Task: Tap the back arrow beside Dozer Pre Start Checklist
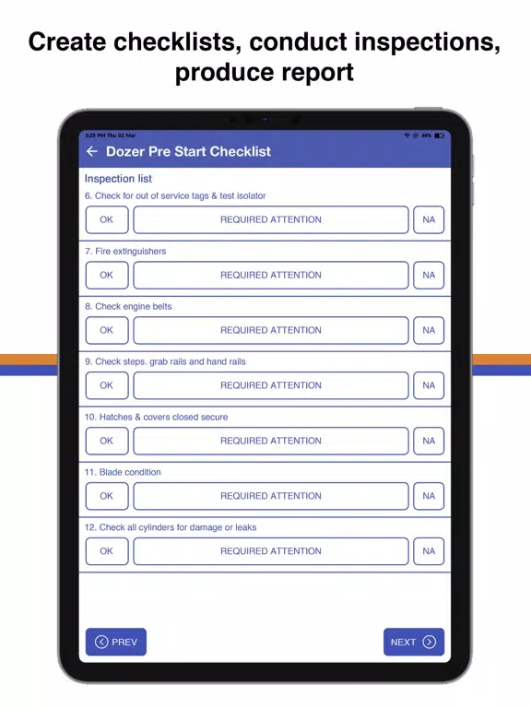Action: (91, 151)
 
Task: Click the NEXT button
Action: (414, 642)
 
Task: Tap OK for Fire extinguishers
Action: (107, 275)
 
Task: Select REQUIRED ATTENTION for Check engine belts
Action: (271, 330)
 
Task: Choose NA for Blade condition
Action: (429, 496)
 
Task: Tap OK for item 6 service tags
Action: (107, 219)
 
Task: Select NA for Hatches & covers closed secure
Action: (429, 441)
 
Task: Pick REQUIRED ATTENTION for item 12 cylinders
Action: (271, 551)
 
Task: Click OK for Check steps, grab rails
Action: (107, 385)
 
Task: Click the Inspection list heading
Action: (118, 179)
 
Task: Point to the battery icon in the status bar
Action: (439, 136)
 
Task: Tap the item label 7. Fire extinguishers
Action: (125, 251)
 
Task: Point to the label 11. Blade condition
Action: (123, 472)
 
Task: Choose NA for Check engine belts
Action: (429, 330)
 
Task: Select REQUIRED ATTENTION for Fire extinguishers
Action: (271, 275)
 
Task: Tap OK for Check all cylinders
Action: (107, 551)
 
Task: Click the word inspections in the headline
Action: (427, 42)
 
